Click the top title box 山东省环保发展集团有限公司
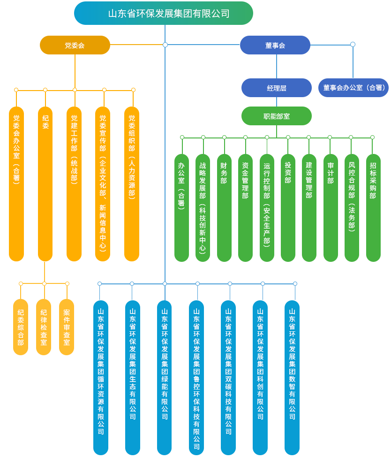(164, 13)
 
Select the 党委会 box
(75, 45)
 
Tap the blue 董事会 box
(275, 45)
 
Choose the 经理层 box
(277, 88)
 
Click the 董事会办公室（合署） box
(353, 88)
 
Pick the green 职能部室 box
(277, 116)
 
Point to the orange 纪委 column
(45, 183)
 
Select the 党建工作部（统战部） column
(74, 183)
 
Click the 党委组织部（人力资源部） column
(132, 183)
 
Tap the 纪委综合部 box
(21, 327)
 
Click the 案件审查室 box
(67, 327)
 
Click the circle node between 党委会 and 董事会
(165, 45)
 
